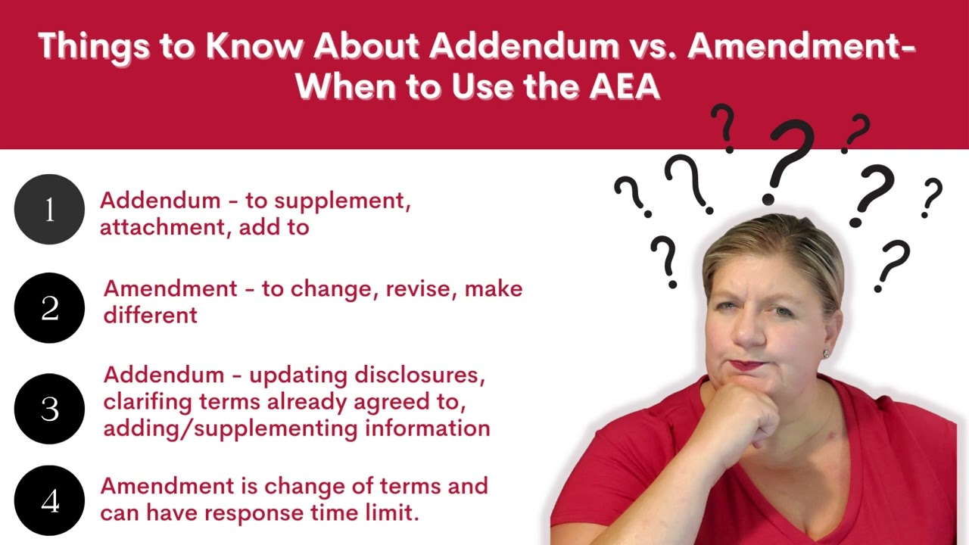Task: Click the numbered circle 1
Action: pyautogui.click(x=49, y=210)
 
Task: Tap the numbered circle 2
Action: pyautogui.click(x=49, y=308)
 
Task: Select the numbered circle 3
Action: pyautogui.click(x=49, y=409)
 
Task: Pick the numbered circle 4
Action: pyautogui.click(x=49, y=501)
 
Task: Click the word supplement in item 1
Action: pyautogui.click(x=341, y=201)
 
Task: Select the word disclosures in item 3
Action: pyautogui.click(x=420, y=375)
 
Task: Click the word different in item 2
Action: pyautogui.click(x=151, y=315)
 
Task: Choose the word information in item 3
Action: pyautogui.click(x=428, y=428)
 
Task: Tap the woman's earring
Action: pyautogui.click(x=826, y=353)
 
